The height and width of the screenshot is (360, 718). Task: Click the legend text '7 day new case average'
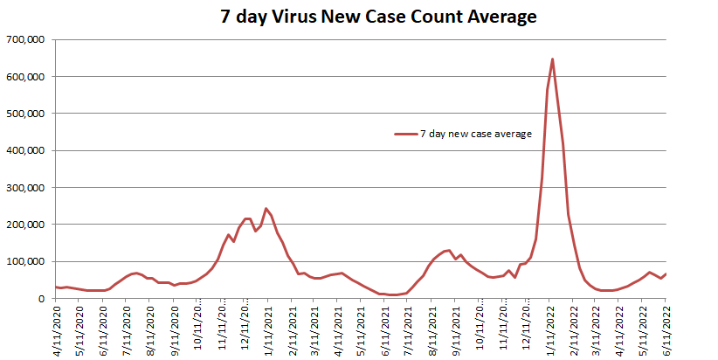476,134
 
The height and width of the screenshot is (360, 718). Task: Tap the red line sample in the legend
405,134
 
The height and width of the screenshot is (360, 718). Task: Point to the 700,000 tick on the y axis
30,39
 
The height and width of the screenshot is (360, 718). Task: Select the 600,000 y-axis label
30,77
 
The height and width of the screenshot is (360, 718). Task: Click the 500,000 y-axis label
30,114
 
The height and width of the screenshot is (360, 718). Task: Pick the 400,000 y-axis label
30,150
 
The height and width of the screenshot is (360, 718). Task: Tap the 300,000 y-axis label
30,188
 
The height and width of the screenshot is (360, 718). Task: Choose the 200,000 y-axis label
30,225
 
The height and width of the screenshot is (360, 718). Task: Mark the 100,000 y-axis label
30,261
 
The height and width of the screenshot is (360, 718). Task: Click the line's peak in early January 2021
266,209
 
